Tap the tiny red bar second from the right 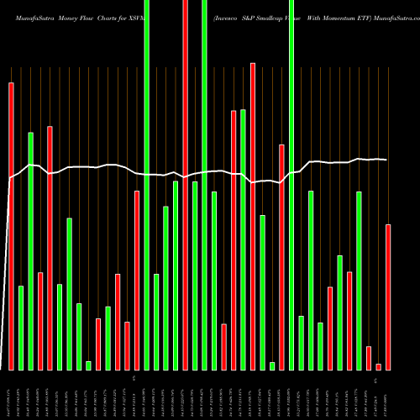click(379, 366)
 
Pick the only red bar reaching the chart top click(186, 185)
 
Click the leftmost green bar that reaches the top click(147, 185)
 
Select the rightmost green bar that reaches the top click(291, 185)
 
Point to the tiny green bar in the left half click(88, 365)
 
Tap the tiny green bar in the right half click(272, 365)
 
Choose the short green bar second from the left click(21, 328)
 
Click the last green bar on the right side click(359, 281)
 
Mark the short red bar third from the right click(369, 358)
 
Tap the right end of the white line click(387, 160)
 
